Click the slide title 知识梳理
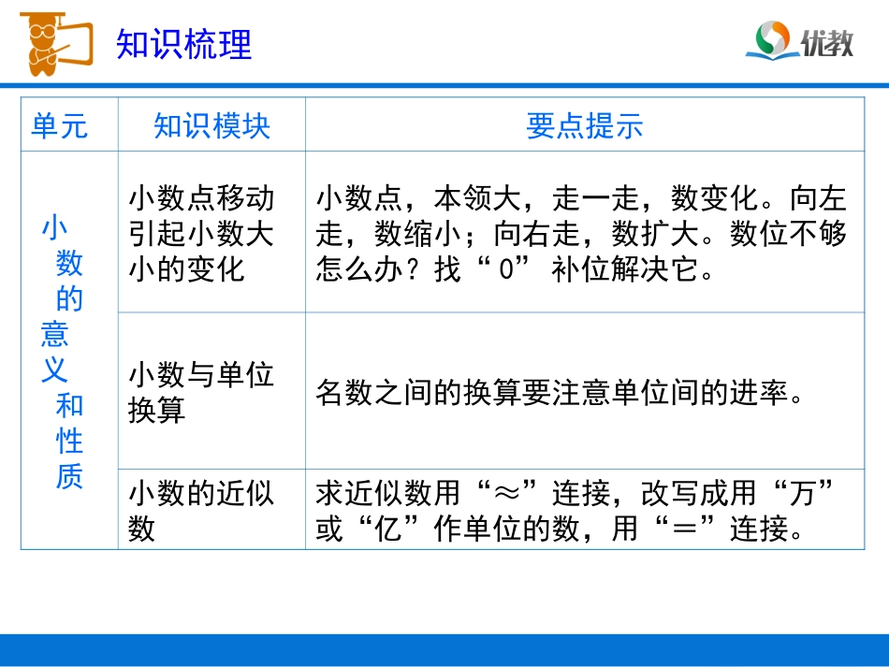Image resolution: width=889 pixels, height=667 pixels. pos(184,44)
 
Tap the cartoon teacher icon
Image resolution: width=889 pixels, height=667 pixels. pos(51,42)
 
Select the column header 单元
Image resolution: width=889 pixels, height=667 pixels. pos(60,125)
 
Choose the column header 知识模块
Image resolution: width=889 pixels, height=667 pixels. pos(211,125)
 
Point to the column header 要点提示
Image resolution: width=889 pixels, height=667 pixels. pos(584,125)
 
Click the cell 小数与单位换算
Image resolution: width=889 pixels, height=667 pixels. pos(201,392)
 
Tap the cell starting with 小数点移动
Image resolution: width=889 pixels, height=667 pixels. pos(201,233)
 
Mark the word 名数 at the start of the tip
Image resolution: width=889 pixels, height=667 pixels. pos(345,393)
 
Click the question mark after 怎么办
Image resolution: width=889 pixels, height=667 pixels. pos(420,271)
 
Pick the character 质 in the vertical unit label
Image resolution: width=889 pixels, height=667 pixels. pos(69,476)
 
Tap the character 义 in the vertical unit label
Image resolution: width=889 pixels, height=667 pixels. pos(54,370)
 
